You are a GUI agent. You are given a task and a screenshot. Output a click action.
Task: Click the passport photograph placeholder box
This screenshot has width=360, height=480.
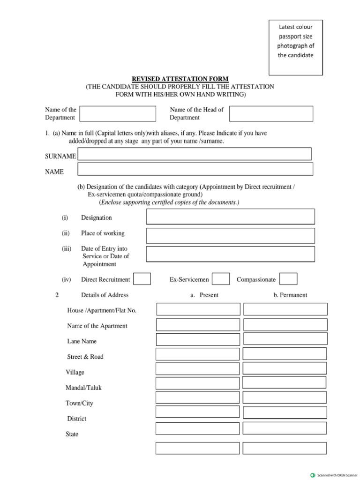(295, 47)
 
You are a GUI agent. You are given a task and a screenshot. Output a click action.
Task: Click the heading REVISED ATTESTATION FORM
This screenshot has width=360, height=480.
(180, 79)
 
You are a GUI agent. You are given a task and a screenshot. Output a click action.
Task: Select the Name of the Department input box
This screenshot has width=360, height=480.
(118, 113)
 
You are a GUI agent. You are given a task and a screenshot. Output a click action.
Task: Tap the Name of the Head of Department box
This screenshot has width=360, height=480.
(271, 113)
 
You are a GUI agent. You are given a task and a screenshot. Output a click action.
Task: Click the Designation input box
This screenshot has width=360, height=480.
(230, 217)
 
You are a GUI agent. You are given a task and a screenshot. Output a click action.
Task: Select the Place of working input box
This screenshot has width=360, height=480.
(230, 235)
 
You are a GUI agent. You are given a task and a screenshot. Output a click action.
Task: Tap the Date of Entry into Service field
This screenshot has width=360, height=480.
(230, 254)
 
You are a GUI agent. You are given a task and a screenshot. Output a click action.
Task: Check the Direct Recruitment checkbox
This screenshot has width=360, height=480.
(142, 279)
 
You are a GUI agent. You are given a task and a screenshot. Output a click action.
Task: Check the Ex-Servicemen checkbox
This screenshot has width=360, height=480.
(221, 279)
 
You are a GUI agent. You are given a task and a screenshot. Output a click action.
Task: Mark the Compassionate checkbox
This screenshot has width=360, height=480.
(288, 279)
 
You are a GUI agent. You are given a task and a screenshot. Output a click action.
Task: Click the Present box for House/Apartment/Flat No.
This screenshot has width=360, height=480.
(198, 309)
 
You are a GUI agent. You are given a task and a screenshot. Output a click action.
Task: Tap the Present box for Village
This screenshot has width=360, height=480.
(197, 369)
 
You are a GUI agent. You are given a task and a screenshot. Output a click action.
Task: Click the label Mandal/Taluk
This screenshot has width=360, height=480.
(83, 388)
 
